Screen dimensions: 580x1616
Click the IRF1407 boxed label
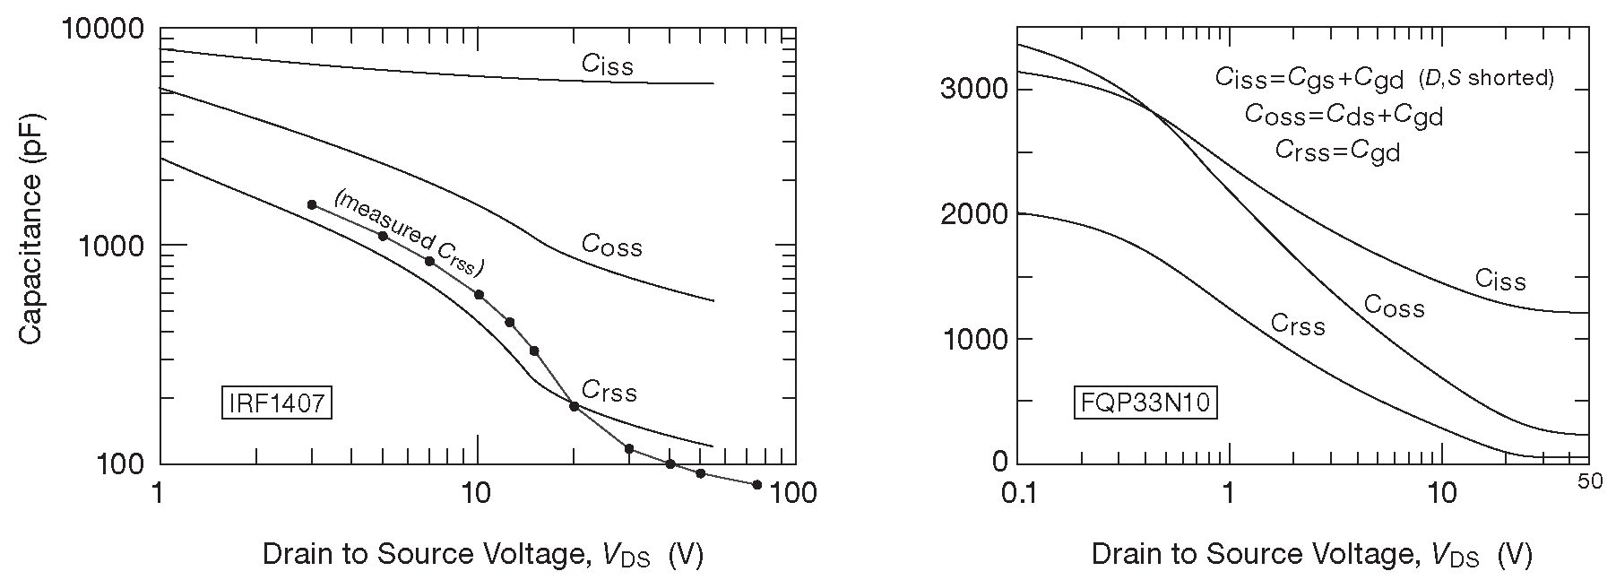276,403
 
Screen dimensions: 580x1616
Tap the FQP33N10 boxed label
1144,403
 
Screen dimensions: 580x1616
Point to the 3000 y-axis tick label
972,89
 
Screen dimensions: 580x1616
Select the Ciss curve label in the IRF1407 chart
607,65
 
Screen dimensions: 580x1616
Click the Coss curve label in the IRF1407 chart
611,245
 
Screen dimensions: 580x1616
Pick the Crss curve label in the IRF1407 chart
609,391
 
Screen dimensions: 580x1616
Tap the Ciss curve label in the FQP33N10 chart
1499,281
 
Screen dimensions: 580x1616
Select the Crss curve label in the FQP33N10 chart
1298,325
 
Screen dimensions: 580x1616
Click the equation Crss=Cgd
1337,151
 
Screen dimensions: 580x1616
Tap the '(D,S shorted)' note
1485,78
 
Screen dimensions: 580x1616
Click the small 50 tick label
1589,482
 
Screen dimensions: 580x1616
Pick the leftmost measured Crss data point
312,204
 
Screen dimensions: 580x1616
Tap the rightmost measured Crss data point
756,485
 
